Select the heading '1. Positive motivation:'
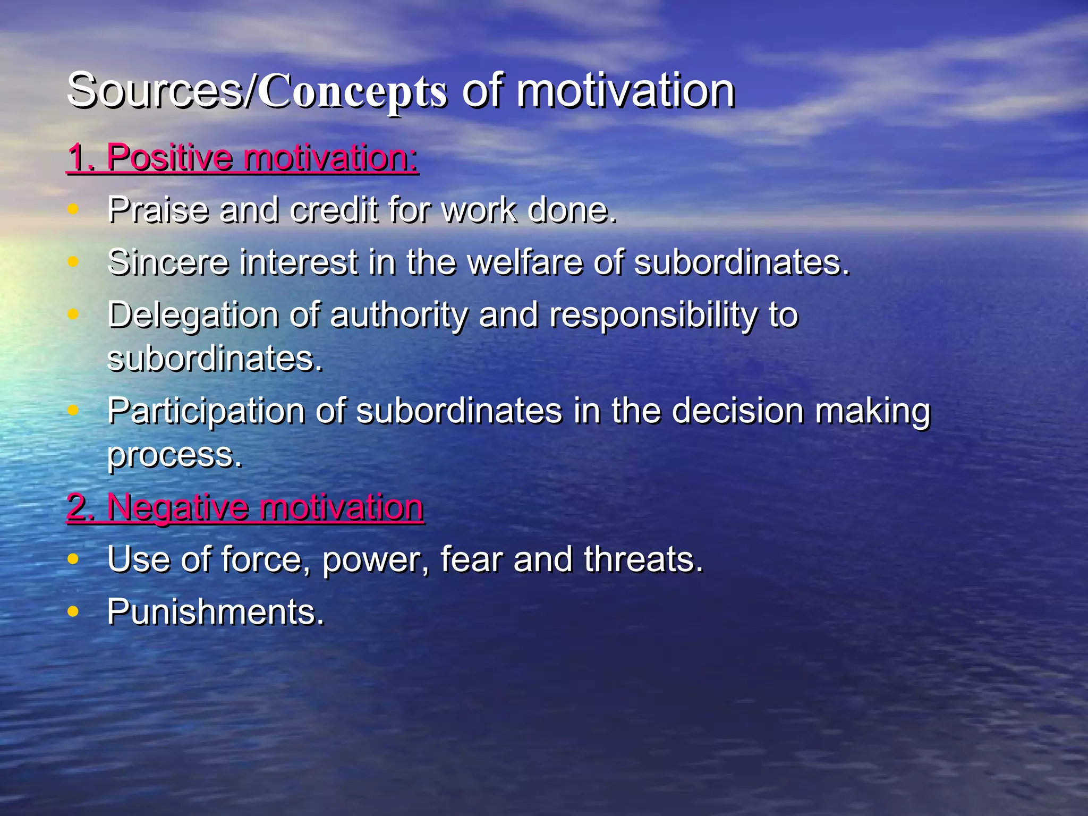(x=243, y=158)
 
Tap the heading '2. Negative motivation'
(x=245, y=507)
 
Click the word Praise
(x=158, y=210)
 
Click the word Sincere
(x=167, y=262)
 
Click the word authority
(x=398, y=316)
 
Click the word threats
(x=643, y=560)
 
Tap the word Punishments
(x=215, y=613)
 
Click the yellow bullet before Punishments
(x=73, y=611)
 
